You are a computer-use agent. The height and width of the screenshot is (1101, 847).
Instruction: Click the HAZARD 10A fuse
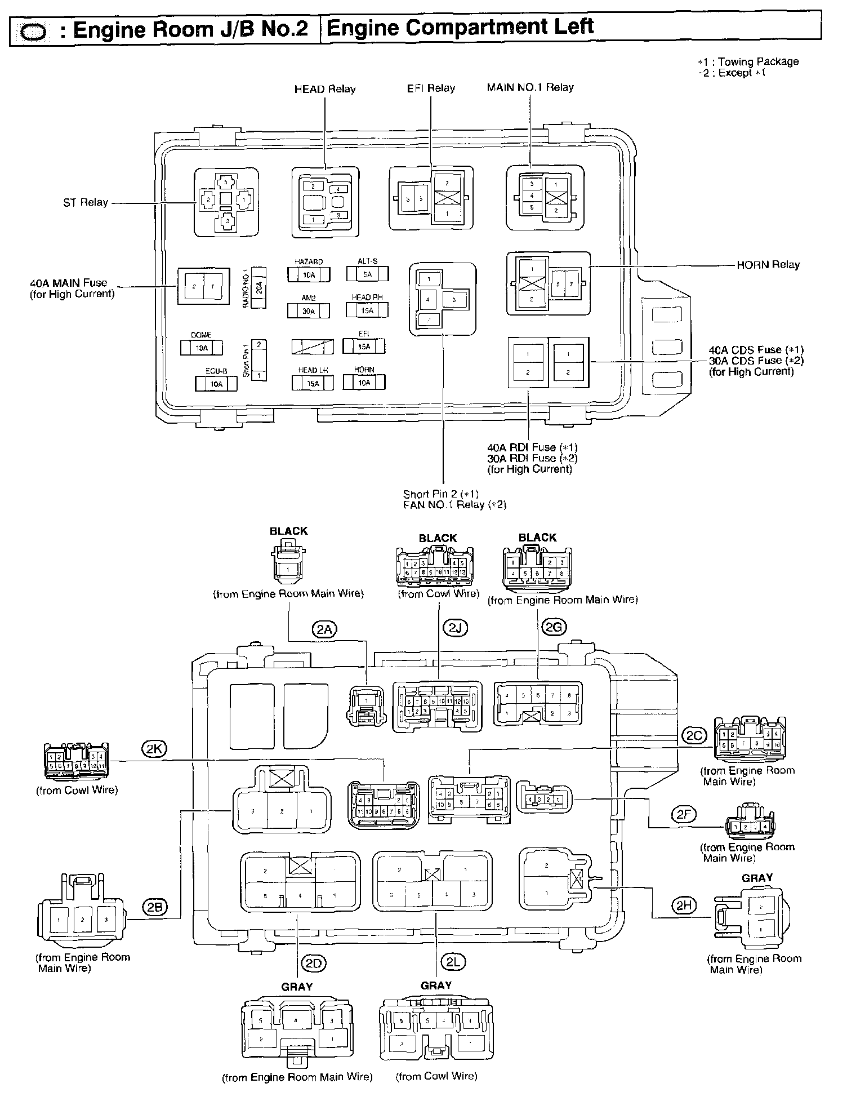309,274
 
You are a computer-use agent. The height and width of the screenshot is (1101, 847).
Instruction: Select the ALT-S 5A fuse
367,274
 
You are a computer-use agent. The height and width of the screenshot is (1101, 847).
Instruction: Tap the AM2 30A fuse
308,310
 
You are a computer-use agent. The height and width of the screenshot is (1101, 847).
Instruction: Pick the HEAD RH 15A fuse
367,310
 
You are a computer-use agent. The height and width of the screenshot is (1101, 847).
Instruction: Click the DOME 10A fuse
201,348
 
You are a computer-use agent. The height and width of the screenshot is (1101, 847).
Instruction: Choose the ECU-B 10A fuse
216,384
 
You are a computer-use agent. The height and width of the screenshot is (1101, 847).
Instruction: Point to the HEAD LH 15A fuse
313,383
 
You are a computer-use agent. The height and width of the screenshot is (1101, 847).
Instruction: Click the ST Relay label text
86,202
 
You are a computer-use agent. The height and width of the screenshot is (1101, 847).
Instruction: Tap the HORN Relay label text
768,264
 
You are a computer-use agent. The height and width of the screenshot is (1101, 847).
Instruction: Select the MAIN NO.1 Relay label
530,87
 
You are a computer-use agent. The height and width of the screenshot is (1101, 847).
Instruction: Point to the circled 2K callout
153,749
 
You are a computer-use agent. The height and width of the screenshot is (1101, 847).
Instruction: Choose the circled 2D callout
313,964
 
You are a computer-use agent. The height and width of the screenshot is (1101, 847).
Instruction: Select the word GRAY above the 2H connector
757,878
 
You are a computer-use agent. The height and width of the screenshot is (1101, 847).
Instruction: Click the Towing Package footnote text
748,61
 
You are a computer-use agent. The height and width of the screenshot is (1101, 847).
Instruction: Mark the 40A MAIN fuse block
203,286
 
